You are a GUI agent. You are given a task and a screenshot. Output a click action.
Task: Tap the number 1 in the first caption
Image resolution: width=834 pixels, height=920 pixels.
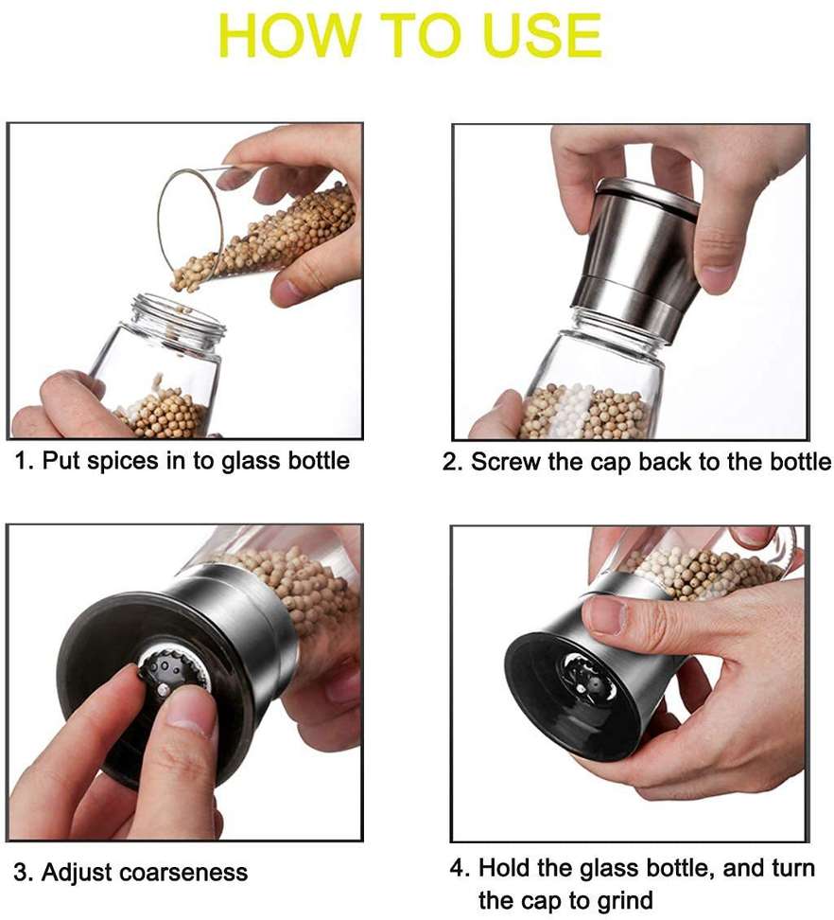coord(21,461)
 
